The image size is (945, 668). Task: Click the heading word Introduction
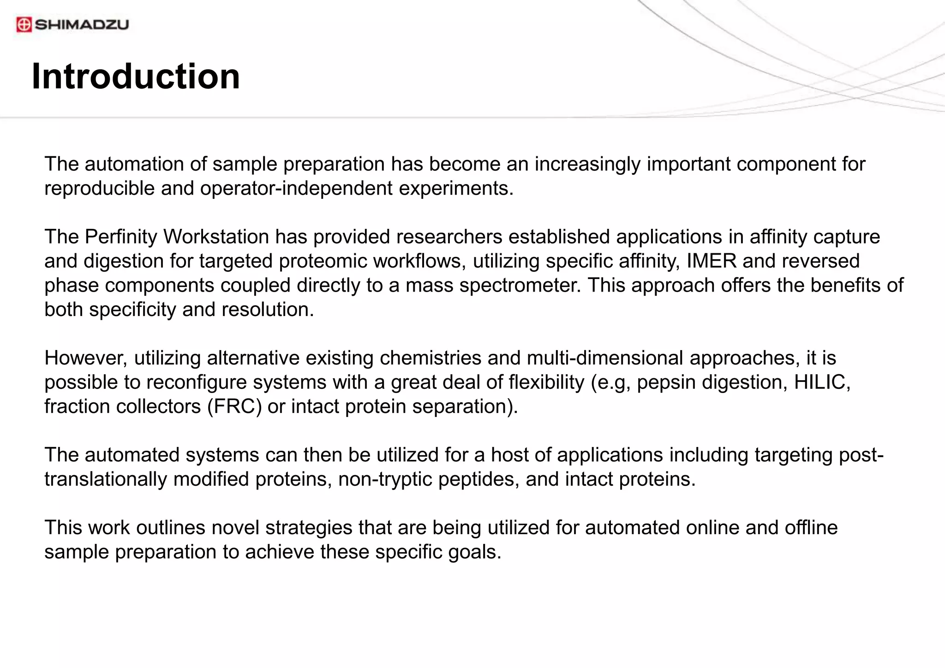pyautogui.click(x=136, y=77)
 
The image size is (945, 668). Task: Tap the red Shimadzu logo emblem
pyautogui.click(x=24, y=24)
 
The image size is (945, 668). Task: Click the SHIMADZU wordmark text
pyautogui.click(x=82, y=24)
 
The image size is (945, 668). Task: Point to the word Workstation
pyautogui.click(x=216, y=237)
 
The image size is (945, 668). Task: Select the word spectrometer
pyautogui.click(x=520, y=286)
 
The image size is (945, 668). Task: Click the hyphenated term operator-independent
pyautogui.click(x=296, y=189)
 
